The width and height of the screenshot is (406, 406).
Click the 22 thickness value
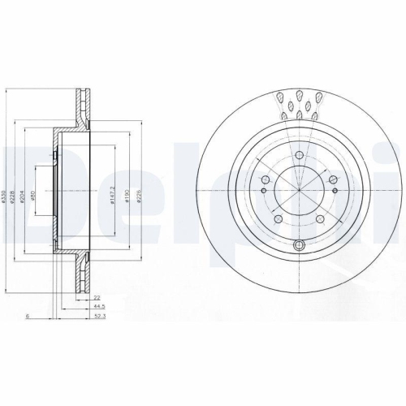point(97,299)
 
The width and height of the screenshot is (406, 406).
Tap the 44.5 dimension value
point(97,308)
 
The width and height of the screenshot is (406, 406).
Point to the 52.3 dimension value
point(97,317)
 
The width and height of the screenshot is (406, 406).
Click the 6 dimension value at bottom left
point(28,317)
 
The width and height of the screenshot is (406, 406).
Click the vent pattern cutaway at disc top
point(300,106)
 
